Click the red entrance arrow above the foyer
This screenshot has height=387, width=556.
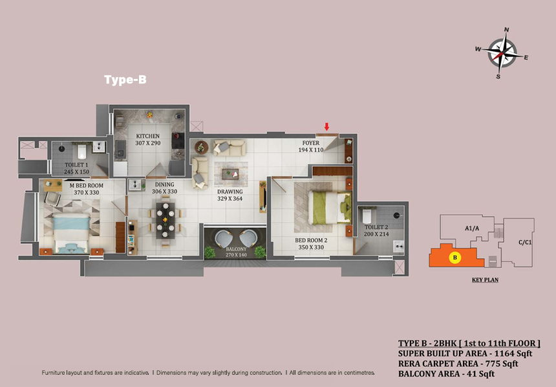[x=327, y=127]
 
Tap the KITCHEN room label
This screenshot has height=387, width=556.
[x=148, y=136]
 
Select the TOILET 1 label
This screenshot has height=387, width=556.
[x=76, y=165]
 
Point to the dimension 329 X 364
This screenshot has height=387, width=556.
[x=230, y=199]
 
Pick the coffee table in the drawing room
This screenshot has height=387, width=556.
[x=231, y=174]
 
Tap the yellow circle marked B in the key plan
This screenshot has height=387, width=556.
[x=455, y=258]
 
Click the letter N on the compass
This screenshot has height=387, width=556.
[x=507, y=30]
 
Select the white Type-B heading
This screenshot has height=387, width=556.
[x=125, y=80]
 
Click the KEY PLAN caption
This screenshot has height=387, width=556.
[x=485, y=280]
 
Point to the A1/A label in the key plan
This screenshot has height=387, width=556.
[x=472, y=228]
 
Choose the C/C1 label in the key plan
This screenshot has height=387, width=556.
[x=525, y=243]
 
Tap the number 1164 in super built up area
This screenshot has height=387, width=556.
[x=504, y=353]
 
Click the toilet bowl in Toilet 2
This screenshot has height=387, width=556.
[x=367, y=216]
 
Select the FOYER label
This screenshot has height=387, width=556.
[x=311, y=143]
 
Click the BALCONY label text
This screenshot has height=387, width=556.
[x=236, y=249]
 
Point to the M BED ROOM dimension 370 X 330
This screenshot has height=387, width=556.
[x=87, y=192]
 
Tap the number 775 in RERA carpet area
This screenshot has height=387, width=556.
[x=493, y=364]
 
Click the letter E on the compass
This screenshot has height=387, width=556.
[x=526, y=58]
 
